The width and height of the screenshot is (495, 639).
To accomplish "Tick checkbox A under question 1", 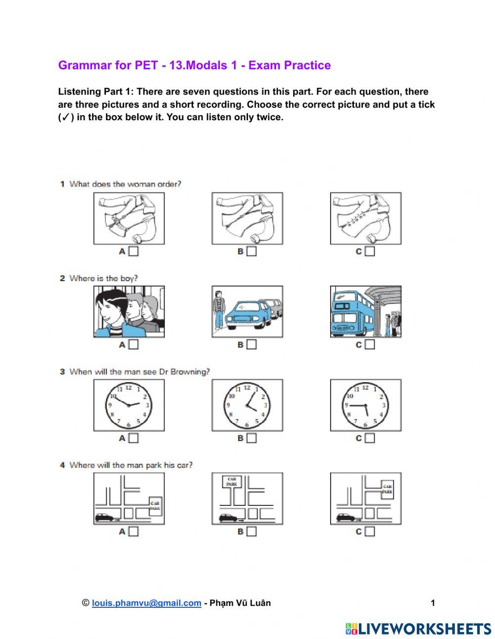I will point(133,251).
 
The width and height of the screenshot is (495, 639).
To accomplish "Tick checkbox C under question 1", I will point(370,251).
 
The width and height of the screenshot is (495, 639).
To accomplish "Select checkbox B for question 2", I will point(251,344).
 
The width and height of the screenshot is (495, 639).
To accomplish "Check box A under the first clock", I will point(133,438).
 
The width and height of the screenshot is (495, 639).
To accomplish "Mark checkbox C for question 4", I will point(370,532).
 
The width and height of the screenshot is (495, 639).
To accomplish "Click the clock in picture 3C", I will point(365,405).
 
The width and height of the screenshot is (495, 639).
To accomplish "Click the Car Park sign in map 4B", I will point(231,481).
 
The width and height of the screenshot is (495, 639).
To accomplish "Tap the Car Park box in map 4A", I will point(155,505).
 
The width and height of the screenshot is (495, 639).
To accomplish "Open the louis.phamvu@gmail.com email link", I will point(147,603).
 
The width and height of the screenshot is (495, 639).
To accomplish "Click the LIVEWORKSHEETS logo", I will point(418,629).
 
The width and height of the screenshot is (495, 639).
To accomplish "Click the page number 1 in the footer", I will point(433,603).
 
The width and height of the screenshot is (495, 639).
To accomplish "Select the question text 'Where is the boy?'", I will point(103,278).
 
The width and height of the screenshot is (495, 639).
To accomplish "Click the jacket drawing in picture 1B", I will point(247,218).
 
